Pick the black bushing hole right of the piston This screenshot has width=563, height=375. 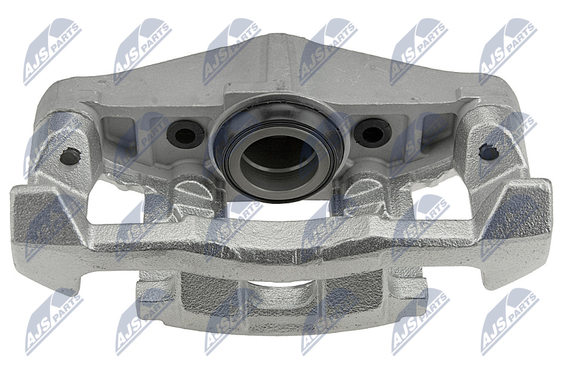tap(372, 133)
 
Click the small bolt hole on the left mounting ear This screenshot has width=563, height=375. tap(70, 157)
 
